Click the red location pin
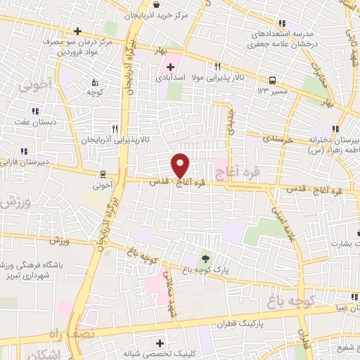[181, 165]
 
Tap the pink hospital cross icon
[171, 66]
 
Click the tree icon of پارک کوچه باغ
[205, 258]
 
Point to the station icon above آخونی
[103, 174]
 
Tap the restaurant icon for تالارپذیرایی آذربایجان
[115, 129]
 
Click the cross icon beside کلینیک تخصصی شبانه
[160, 343]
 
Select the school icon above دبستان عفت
[34, 110]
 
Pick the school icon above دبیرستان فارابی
[24, 151]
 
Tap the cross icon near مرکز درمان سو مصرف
[78, 32]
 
